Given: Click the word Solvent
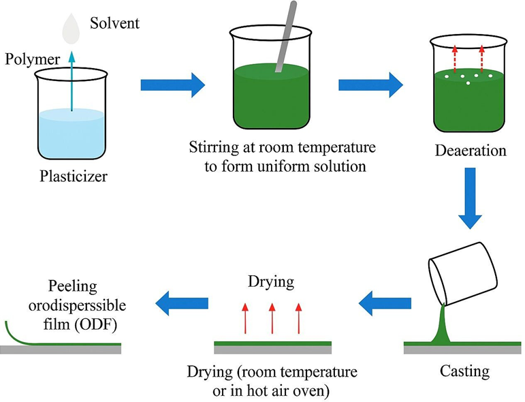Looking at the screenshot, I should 114,24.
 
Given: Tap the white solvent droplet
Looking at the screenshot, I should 71,28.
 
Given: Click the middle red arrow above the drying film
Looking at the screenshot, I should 272,318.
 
